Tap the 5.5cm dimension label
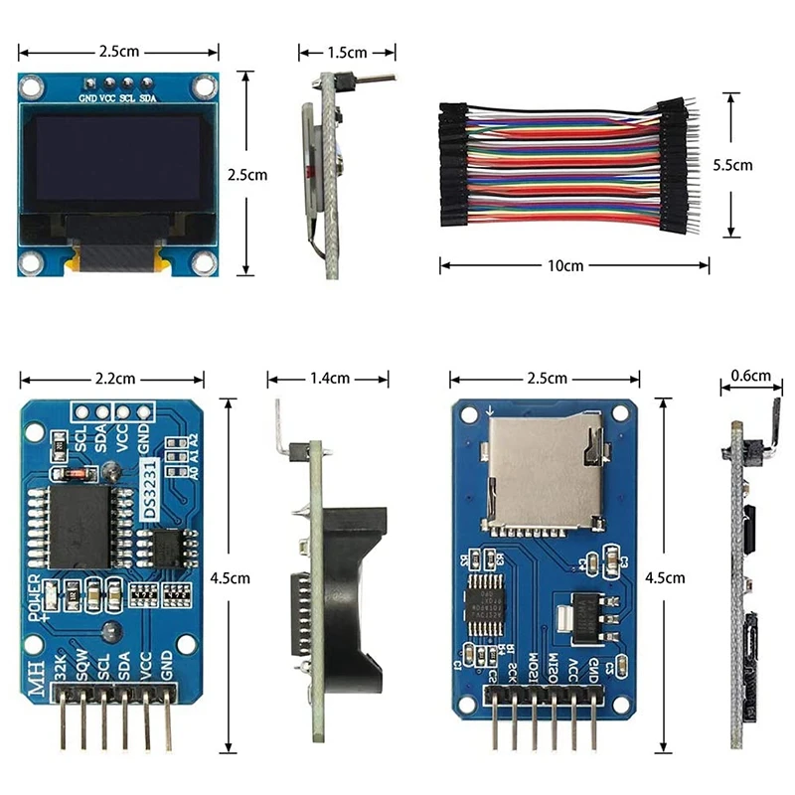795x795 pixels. [x=733, y=165]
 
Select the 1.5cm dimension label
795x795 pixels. [x=347, y=53]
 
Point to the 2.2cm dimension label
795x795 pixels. [x=115, y=379]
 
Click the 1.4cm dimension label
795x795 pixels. [x=329, y=379]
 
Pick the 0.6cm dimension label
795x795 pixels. [x=750, y=376]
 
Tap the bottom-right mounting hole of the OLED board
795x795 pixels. [x=203, y=262]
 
